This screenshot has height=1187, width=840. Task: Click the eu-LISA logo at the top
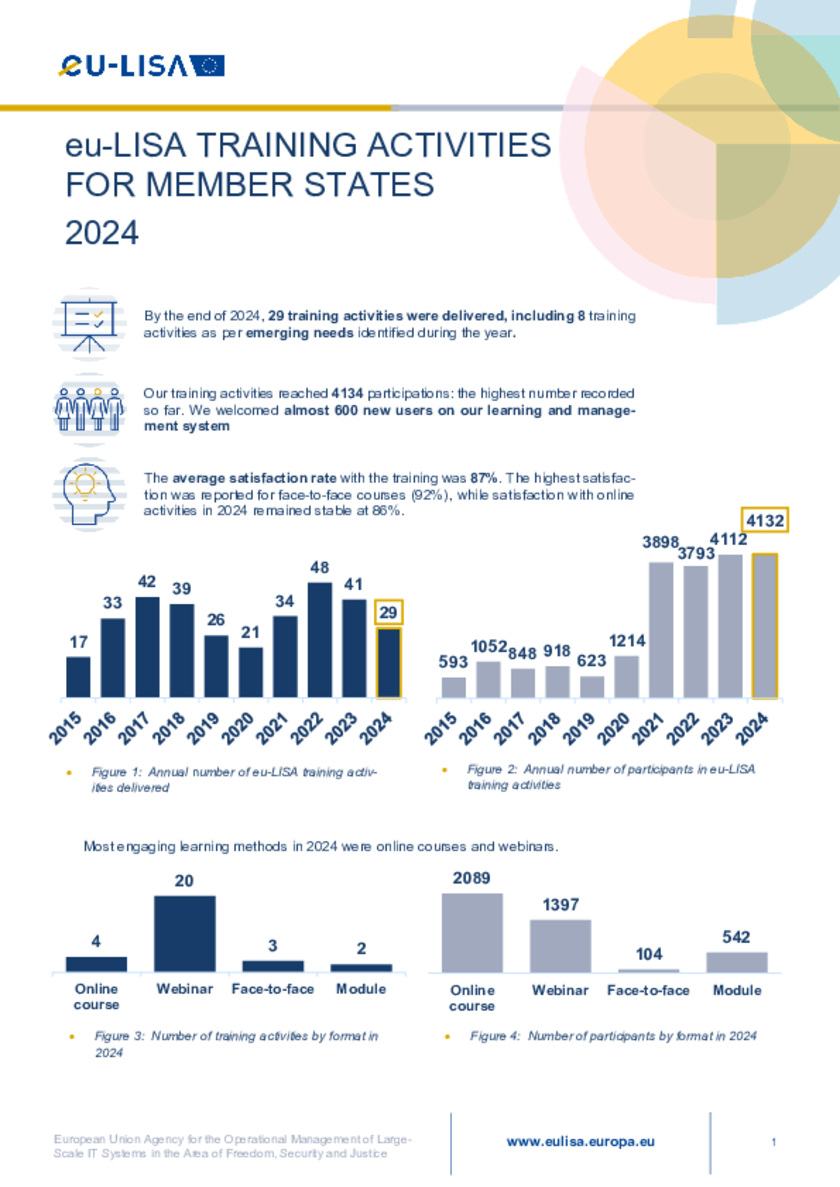(x=141, y=66)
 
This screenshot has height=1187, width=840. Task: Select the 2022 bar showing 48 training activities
(x=320, y=640)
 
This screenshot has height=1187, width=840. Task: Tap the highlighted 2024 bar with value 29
(x=388, y=662)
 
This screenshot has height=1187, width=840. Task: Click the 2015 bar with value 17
(x=78, y=676)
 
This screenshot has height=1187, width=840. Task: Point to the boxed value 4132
(x=765, y=521)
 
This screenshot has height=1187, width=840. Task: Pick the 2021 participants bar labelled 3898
(x=661, y=630)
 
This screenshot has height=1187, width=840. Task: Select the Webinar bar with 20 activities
(x=184, y=933)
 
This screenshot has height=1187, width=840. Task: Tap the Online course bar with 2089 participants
(x=472, y=932)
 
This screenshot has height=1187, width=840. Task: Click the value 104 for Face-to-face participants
(x=648, y=954)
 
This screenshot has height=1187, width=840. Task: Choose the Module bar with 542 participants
(x=736, y=961)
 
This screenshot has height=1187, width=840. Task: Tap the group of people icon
(x=89, y=407)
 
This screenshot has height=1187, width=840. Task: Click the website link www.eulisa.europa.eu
(x=581, y=1141)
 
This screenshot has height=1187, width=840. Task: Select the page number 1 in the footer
(x=775, y=1142)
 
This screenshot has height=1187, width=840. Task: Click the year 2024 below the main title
(x=101, y=232)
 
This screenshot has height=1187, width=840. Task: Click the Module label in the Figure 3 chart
(x=361, y=989)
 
